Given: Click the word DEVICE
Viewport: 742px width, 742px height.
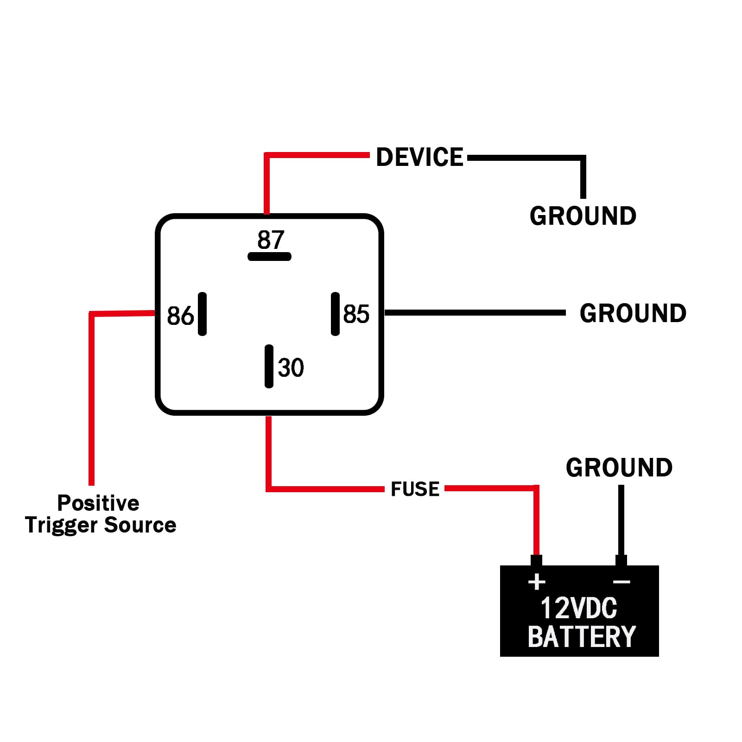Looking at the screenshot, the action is coord(419,157).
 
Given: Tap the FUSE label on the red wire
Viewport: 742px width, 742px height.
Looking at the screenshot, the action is coord(415,489).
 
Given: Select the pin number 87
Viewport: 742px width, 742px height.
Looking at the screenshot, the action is coord(271,240).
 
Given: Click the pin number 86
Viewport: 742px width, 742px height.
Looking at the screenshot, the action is coord(180,316).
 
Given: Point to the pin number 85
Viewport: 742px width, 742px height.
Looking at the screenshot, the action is coord(356,314).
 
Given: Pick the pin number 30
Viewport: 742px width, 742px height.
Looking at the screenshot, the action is coord(291,368).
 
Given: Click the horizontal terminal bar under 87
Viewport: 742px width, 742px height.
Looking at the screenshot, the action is coord(269,256).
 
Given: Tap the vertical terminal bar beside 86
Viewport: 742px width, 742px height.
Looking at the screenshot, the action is coord(202,314).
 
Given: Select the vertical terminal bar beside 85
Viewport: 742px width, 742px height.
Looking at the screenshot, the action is coord(335,314).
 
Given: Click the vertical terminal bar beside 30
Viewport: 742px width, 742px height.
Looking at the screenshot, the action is coord(269,366).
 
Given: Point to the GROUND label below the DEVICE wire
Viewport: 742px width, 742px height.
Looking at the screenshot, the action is coord(583,216).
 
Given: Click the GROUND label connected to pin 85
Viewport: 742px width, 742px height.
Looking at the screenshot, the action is coord(633,313).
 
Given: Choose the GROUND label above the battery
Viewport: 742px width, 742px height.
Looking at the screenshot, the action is coord(619,467).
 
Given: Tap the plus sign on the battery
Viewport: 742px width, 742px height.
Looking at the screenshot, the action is coord(537,582).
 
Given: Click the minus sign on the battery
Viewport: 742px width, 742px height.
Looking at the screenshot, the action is coord(622,582).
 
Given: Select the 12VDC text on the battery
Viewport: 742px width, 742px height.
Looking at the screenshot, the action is coord(579,608).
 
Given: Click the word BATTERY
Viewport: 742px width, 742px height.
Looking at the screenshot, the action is coord(582,636).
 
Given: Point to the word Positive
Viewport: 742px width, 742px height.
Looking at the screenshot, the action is coord(98,503).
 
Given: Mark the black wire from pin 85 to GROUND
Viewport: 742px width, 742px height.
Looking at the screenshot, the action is coord(475,313).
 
